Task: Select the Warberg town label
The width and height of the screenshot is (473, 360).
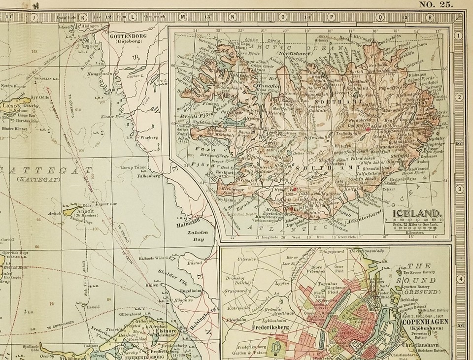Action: tap(148, 137)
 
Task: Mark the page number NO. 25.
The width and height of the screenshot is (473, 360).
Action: tap(435, 5)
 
